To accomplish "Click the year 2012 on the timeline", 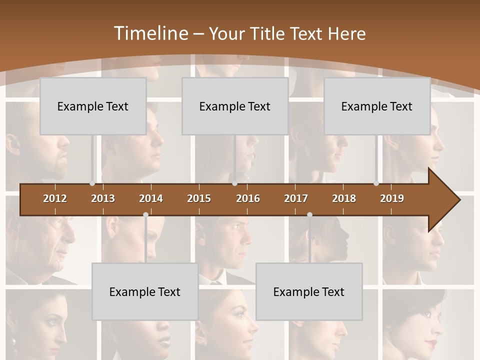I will [55, 198].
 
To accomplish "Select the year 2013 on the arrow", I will [103, 198].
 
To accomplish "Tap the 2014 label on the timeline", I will [151, 198].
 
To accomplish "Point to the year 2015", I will [199, 198].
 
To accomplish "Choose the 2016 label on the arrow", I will [248, 198].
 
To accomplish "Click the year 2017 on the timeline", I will [296, 198].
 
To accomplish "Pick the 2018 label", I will [344, 198].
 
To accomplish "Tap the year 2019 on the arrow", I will [392, 198].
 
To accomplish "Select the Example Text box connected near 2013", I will [93, 106].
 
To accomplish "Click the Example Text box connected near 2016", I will [235, 106].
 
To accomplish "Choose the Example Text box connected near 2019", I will [377, 106].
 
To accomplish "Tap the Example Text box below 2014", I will [145, 291].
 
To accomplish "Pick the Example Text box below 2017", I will [309, 291].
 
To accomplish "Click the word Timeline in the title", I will [149, 33].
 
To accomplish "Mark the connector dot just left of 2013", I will [92, 183].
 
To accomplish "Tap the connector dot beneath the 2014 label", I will [145, 214].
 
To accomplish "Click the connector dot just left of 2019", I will [376, 183].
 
